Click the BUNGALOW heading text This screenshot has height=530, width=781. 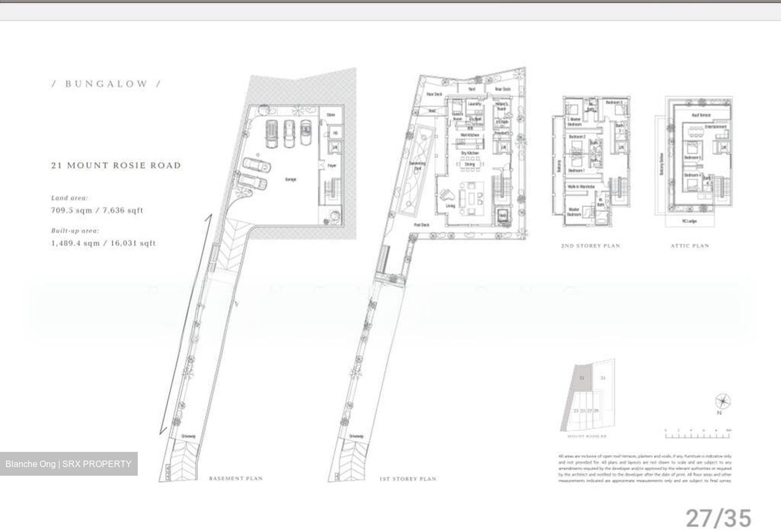click(106, 84)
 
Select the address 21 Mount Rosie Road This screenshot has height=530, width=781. click(116, 165)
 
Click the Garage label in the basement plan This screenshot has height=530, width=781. click(291, 180)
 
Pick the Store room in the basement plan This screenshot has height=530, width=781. click(331, 115)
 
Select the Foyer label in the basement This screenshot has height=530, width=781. click(332, 165)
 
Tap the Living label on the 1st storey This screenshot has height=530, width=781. click(451, 206)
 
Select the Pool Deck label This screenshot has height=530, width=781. click(421, 225)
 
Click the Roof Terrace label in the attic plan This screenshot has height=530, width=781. click(701, 116)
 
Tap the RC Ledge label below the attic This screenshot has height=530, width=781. click(690, 221)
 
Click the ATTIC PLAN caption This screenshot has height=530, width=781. click(689, 246)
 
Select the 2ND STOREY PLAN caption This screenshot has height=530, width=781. click(590, 246)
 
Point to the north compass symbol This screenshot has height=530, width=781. click(722, 402)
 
